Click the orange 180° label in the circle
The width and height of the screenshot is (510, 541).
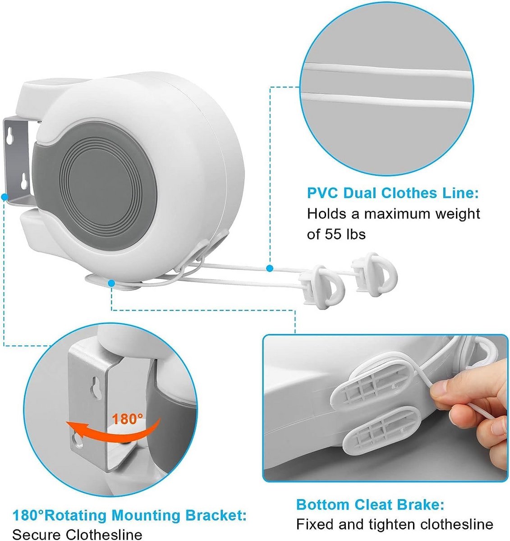click(x=127, y=419)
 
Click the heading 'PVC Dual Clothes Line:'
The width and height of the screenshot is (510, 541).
click(x=393, y=193)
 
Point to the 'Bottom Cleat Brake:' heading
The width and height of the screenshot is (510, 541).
click(x=370, y=497)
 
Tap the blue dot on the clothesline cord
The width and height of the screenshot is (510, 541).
click(x=270, y=268)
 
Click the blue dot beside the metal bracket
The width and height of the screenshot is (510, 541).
click(x=4, y=197)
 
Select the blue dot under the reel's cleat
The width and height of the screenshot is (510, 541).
click(x=111, y=284)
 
